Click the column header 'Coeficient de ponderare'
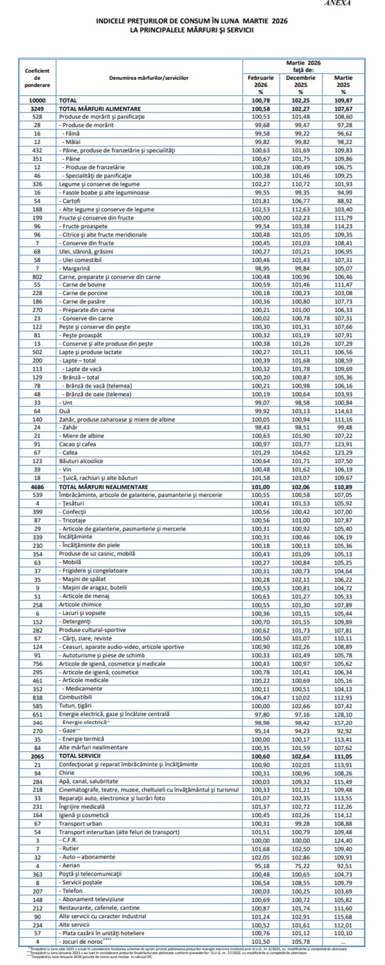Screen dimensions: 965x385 pyautogui.click(x=37, y=78)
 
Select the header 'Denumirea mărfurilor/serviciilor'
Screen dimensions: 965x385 pyautogui.click(x=149, y=78)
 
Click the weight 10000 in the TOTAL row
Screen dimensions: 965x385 pyautogui.click(x=37, y=101)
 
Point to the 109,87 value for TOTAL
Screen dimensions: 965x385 pyautogui.click(x=343, y=101)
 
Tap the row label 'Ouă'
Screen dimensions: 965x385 pyautogui.click(x=65, y=411)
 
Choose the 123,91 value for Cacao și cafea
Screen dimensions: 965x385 pyautogui.click(x=343, y=444)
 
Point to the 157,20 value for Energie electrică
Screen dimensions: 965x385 pyautogui.click(x=343, y=722)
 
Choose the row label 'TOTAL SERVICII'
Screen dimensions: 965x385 pyautogui.click(x=84, y=756)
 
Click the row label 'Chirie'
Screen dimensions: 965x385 pyautogui.click(x=68, y=773)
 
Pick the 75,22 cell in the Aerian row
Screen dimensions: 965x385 pyautogui.click(x=301, y=865)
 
